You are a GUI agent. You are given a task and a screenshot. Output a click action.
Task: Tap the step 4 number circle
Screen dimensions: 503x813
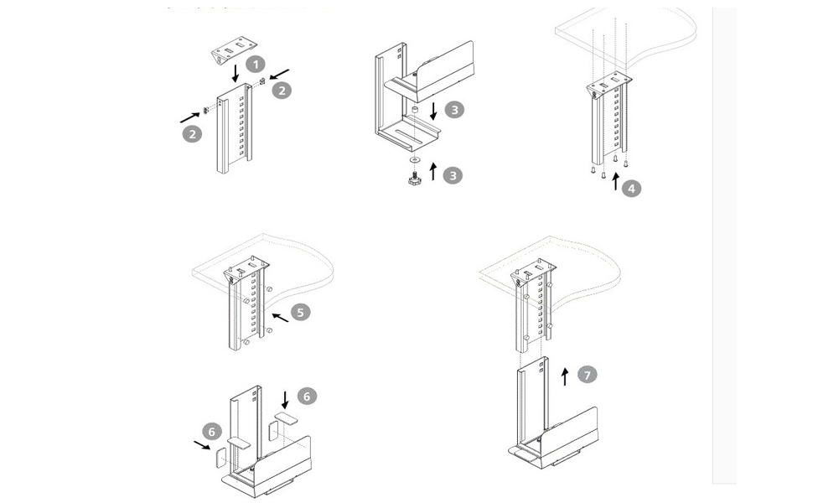point(632,188)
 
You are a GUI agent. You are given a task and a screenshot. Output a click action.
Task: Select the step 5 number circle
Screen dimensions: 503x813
point(301,312)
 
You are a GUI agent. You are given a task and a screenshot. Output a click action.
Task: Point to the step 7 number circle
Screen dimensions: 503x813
point(588,375)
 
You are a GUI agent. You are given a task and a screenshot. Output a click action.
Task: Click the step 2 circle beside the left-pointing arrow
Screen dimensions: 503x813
point(282,91)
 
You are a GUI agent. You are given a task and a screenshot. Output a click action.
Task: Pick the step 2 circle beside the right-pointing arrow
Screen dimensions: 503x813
point(193,133)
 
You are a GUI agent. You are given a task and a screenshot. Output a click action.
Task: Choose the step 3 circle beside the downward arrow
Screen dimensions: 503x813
point(453,109)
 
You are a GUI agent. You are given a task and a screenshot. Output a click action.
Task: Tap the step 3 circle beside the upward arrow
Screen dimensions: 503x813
point(453,175)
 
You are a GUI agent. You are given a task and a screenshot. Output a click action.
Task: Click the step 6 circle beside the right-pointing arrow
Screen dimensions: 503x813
point(213,432)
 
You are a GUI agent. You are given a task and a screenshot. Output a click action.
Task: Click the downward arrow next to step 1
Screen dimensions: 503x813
point(236,72)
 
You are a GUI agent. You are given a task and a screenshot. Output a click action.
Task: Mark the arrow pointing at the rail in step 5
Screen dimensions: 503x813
point(280,318)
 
